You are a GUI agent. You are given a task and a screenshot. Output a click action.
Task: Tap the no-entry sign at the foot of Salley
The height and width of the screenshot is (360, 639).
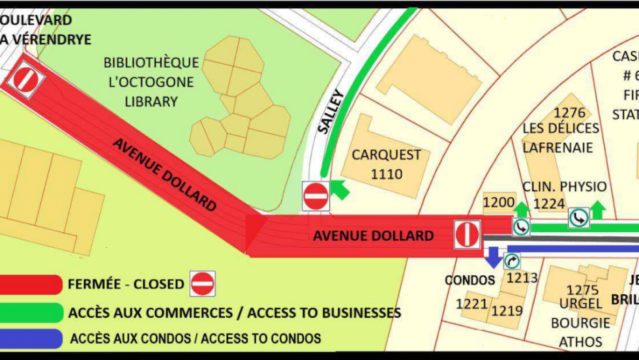click(x=316, y=196)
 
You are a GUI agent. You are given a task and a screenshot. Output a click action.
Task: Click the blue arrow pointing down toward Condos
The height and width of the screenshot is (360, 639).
click(x=494, y=256)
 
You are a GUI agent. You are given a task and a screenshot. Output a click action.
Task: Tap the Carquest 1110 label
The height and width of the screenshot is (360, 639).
click(x=387, y=164)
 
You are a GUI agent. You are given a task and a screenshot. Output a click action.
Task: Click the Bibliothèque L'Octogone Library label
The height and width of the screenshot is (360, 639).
click(x=151, y=82)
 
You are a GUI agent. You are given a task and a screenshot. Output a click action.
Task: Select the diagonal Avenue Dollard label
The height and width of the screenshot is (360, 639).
click(x=164, y=173)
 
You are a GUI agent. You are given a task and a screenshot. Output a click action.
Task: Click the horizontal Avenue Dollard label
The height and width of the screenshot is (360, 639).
click(x=373, y=235)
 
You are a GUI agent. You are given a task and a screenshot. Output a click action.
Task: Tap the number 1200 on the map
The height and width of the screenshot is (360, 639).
click(x=499, y=203)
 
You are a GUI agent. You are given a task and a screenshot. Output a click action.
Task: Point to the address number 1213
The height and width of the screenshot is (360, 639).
click(x=522, y=278)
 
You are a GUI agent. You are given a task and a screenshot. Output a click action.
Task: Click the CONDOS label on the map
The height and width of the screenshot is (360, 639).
click(x=470, y=280)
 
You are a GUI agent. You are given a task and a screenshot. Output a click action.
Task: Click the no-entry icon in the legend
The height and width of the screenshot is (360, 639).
click(x=202, y=284)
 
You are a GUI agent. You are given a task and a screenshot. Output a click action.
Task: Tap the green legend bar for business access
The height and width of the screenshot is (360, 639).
click(x=31, y=312)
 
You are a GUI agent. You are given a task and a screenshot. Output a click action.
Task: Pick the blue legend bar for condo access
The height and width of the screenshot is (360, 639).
click(x=31, y=338)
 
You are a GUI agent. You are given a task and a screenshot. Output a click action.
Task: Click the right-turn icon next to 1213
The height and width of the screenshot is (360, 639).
click(x=512, y=262)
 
